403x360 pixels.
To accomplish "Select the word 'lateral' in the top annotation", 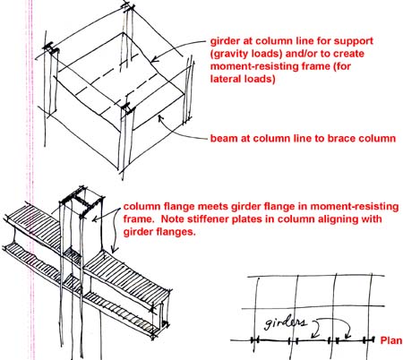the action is pos(227,79).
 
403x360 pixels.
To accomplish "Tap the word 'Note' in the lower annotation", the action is pos(172,219).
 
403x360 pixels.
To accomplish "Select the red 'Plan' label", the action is pos(391,340).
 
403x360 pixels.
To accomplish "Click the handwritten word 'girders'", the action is pos(286,322).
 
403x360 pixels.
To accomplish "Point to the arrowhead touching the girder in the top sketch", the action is pos(154,59).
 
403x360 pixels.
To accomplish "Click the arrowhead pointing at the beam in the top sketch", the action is pos(160,118).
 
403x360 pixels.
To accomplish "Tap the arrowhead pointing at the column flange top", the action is pos(95,219).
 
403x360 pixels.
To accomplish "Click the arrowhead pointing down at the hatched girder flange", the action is pos(114,250).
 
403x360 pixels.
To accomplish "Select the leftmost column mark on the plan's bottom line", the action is pos(255,339).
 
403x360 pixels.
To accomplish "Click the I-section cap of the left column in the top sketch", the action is pos(51,49).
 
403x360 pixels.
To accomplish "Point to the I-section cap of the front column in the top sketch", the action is pos(128,108).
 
